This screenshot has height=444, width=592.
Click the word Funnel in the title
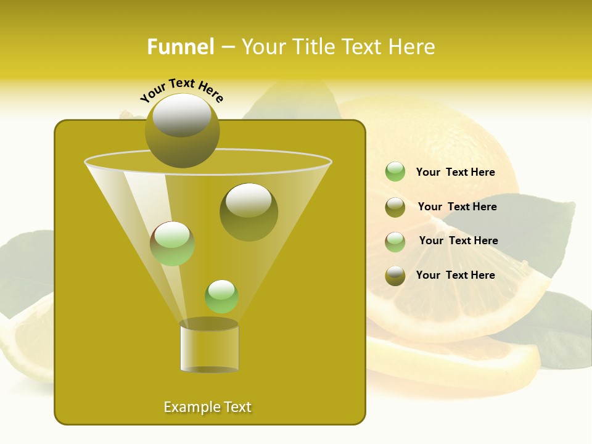tap(180, 47)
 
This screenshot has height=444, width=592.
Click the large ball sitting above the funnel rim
tap(183, 130)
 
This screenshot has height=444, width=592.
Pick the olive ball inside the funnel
tap(249, 212)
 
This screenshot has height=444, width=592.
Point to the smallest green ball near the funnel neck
tap(221, 296)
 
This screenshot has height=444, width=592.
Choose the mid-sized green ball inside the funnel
tap(172, 244)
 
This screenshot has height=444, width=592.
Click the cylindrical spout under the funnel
tap(209, 348)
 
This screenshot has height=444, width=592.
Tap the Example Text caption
tap(207, 407)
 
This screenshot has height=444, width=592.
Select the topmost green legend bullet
tap(395, 171)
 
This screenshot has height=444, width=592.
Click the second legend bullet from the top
tap(395, 207)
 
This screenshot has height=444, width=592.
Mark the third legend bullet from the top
tap(395, 241)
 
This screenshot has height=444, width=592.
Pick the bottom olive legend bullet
tap(395, 275)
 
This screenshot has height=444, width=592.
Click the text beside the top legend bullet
tap(455, 172)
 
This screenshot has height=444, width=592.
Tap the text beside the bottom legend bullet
tap(455, 275)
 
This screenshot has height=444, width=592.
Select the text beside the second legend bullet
tap(457, 207)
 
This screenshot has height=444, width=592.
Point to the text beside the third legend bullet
tap(458, 240)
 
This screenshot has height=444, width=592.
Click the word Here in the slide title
tap(413, 47)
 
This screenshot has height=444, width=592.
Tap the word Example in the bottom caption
tap(191, 407)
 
